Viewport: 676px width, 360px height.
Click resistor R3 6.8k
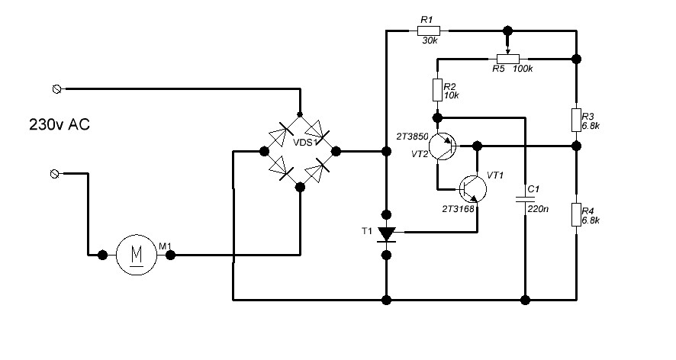pos(577,120)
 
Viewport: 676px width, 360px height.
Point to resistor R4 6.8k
pos(577,215)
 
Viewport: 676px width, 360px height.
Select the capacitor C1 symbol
pos(525,199)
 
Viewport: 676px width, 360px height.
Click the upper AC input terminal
pos(55,89)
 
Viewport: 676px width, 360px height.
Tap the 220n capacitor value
pos(538,207)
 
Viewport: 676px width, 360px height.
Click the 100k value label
pos(523,69)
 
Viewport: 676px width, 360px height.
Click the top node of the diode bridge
pos(300,111)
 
